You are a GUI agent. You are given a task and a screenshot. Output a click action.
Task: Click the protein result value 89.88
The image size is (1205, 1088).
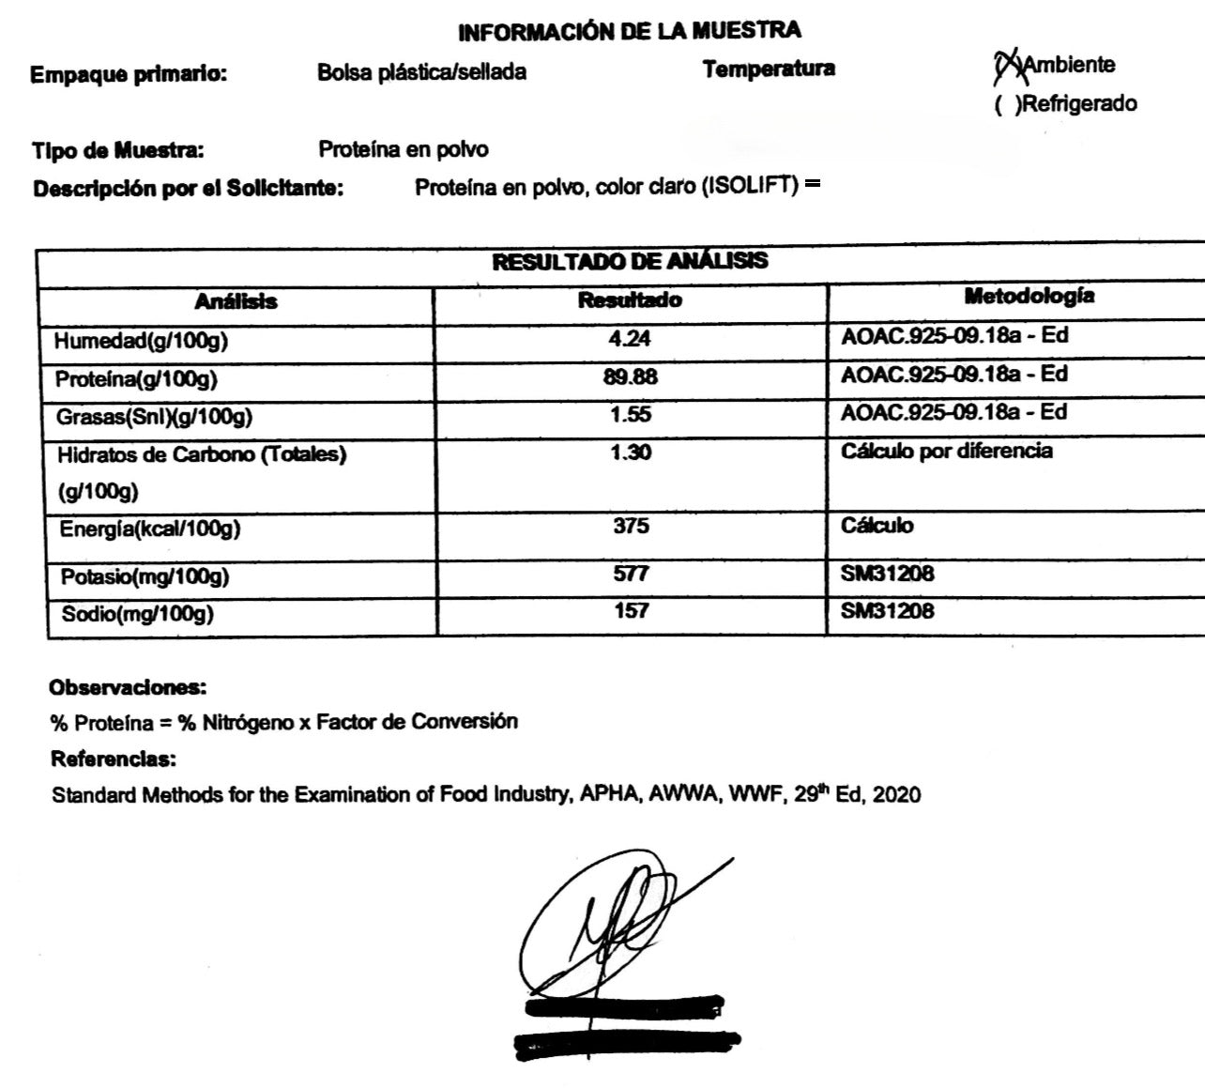pyautogui.click(x=631, y=376)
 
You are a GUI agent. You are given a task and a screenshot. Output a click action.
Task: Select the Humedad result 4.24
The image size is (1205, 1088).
pyautogui.click(x=630, y=338)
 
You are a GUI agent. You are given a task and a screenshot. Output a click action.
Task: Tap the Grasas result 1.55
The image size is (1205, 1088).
pyautogui.click(x=630, y=414)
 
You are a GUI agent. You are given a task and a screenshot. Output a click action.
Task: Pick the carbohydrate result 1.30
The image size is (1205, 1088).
pyautogui.click(x=630, y=452)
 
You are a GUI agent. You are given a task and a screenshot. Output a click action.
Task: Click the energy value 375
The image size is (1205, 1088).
pyautogui.click(x=631, y=526)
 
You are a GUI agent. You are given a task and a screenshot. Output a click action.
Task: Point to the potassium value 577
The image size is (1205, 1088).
pyautogui.click(x=631, y=573)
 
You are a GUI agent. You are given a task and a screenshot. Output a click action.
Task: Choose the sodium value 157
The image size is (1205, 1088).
pyautogui.click(x=631, y=610)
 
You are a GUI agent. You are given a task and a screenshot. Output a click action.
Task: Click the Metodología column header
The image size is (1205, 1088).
pyautogui.click(x=1029, y=297)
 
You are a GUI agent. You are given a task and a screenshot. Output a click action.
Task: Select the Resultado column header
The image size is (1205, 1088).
pyautogui.click(x=630, y=300)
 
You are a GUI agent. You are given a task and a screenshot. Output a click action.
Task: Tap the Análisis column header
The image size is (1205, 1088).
pyautogui.click(x=236, y=301)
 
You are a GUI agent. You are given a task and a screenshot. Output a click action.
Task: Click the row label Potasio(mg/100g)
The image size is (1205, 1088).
pyautogui.click(x=145, y=576)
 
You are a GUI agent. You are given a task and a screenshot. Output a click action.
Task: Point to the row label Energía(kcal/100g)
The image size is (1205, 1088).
pyautogui.click(x=150, y=529)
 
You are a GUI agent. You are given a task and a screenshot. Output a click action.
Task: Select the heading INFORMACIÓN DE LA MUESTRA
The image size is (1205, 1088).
pyautogui.click(x=629, y=32)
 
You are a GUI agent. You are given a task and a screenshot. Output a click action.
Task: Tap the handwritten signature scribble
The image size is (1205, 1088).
pyautogui.click(x=610, y=925)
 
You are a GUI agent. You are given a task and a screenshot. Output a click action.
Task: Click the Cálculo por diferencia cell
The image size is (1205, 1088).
pyautogui.click(x=946, y=452)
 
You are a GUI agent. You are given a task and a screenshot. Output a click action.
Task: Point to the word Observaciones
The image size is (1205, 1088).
pyautogui.click(x=128, y=687)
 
